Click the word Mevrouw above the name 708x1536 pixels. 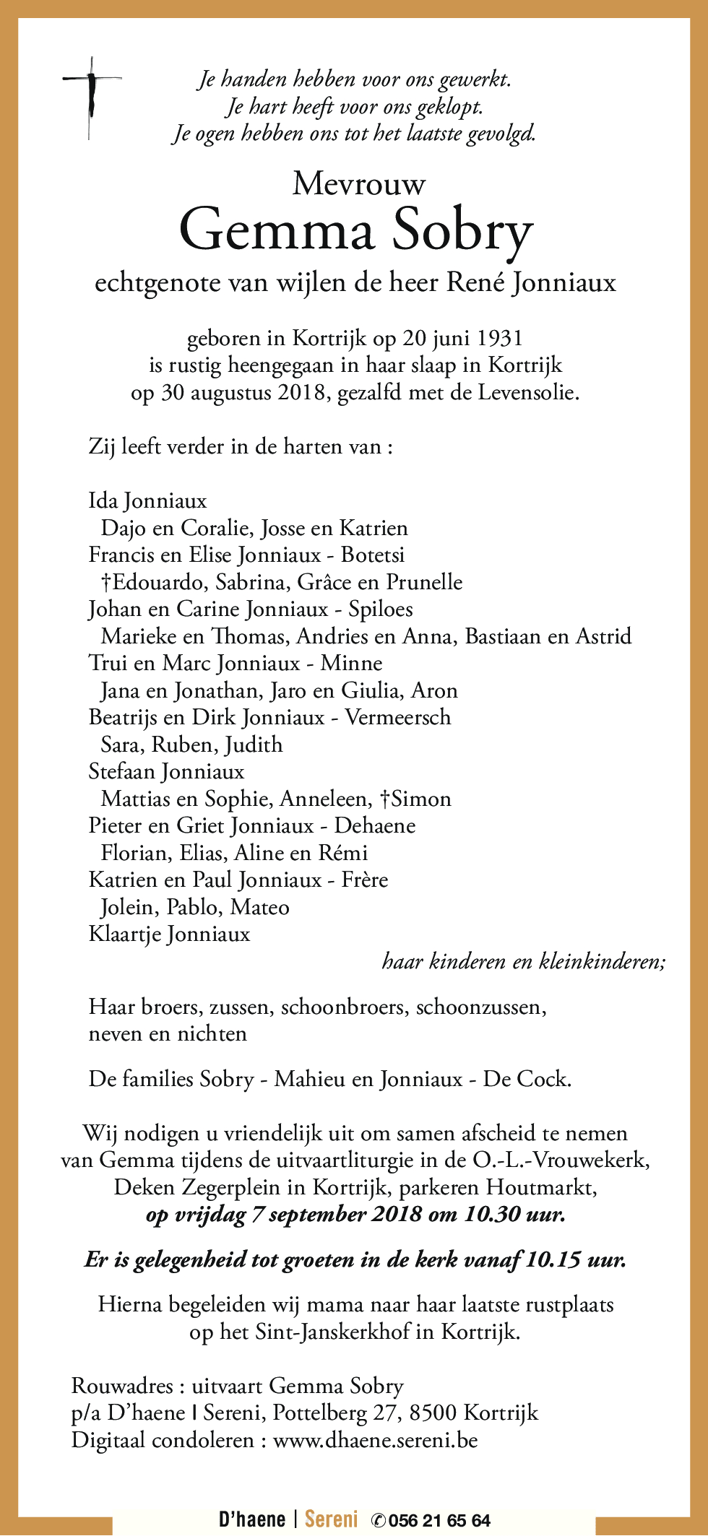359,184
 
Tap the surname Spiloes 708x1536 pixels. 381,609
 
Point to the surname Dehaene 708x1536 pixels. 375,825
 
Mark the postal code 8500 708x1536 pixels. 433,1413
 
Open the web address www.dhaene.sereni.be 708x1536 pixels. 376,1440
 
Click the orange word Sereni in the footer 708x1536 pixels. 332,1519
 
